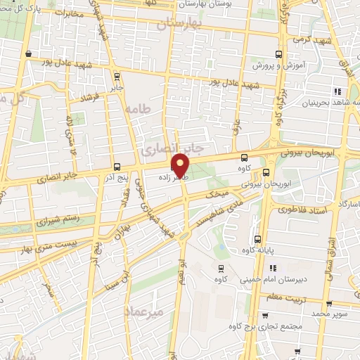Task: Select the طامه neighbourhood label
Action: (x=139, y=108)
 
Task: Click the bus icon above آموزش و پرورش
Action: (x=279, y=53)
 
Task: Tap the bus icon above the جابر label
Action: (x=117, y=77)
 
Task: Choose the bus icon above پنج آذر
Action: (x=117, y=167)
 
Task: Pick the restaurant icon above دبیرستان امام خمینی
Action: (x=274, y=267)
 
